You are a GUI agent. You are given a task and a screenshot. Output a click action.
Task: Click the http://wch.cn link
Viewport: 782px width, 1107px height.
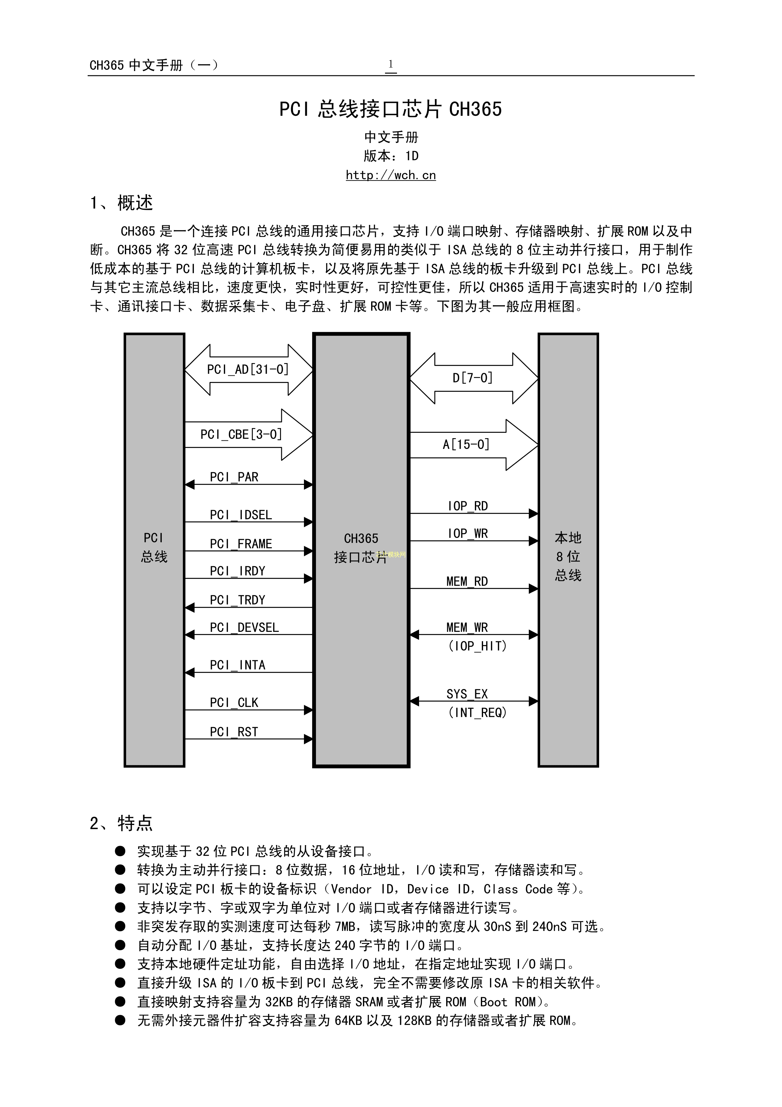pyautogui.click(x=391, y=175)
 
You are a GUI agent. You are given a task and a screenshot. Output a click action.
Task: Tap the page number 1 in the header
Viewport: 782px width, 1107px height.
pyautogui.click(x=391, y=64)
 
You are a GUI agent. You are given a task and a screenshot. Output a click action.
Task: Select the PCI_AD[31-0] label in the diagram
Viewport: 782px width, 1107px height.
pyautogui.click(x=248, y=369)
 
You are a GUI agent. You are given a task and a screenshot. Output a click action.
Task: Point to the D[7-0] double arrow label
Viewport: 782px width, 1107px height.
pyautogui.click(x=473, y=378)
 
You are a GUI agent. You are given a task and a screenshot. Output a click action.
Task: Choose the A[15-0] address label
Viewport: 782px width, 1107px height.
pyautogui.click(x=466, y=444)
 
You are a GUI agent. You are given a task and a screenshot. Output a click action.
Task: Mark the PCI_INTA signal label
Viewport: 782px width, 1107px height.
pyautogui.click(x=237, y=665)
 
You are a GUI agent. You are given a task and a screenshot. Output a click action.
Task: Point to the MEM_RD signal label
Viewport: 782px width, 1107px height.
pyautogui.click(x=467, y=581)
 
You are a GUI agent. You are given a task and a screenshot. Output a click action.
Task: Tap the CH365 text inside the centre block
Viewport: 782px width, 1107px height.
pyautogui.click(x=361, y=538)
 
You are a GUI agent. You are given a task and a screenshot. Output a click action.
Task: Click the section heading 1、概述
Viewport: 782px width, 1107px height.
pyautogui.click(x=121, y=203)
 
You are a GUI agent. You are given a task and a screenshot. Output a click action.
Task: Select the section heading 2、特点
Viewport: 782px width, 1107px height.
pyautogui.click(x=121, y=822)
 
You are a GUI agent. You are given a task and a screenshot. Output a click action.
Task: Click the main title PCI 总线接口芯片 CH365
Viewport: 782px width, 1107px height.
pyautogui.click(x=391, y=109)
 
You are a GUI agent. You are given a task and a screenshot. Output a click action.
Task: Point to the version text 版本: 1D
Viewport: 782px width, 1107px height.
pyautogui.click(x=391, y=156)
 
